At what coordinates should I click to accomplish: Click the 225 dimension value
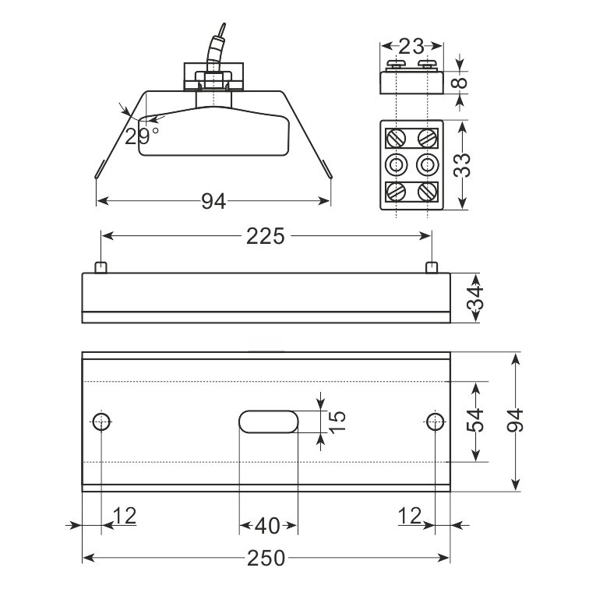[x=265, y=236]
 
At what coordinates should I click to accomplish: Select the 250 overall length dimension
[x=266, y=558]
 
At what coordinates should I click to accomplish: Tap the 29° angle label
[x=142, y=136]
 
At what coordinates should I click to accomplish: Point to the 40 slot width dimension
[x=267, y=526]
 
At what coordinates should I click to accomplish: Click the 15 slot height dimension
[x=337, y=421]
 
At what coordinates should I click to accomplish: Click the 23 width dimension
[x=411, y=47]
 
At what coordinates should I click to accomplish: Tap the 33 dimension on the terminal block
[x=462, y=165]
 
